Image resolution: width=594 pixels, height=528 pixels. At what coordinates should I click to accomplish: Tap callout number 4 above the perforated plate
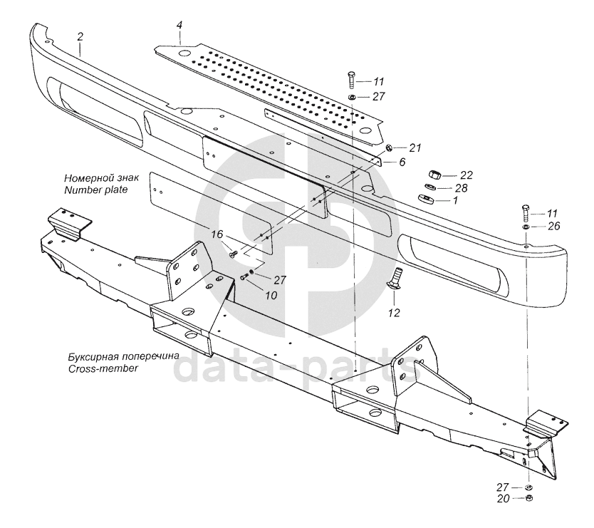click(179, 26)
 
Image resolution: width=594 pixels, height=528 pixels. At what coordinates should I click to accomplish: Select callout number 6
click(402, 162)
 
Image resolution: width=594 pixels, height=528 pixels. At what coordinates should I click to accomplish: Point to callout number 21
click(415, 147)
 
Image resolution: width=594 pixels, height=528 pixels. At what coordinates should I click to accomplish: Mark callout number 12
click(394, 312)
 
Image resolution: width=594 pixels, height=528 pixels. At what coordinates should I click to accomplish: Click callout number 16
click(217, 234)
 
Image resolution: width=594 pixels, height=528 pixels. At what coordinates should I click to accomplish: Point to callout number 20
click(503, 499)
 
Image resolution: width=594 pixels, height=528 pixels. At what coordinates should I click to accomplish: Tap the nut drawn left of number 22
click(432, 175)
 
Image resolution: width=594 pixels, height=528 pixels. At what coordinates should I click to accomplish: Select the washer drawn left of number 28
click(429, 187)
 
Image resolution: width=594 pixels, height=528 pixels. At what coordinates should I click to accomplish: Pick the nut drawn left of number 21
click(390, 148)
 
